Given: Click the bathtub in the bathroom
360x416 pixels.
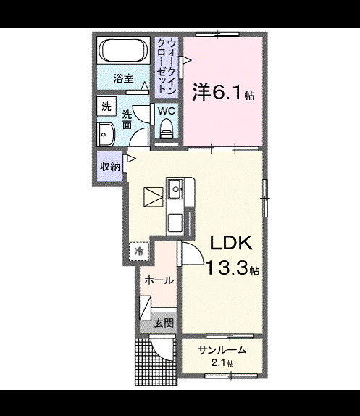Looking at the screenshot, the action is coord(123,51).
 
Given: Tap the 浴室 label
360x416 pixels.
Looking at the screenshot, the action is coord(123,78).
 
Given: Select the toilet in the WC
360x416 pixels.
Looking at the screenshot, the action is coord(167,128).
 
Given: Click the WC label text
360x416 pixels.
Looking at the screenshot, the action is coord(167,111).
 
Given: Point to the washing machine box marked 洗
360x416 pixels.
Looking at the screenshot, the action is coord(106,107).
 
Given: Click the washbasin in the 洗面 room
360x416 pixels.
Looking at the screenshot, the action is coord(106,135).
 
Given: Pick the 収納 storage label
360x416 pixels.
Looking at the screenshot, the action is coord(110,167).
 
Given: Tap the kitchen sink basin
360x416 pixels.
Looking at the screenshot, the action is coord(175,188).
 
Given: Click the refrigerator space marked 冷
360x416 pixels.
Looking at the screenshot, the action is coord(139,251).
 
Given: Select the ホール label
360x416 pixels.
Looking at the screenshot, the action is coord(159,280).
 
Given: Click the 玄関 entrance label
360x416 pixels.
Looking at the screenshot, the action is coord(164,323).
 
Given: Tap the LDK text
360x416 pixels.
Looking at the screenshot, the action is coord(231,243).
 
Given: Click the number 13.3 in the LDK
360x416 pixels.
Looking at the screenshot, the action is coord(227,267).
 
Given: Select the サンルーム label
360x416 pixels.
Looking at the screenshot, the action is coord(222,351).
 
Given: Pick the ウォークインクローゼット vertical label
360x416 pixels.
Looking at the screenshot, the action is coord(167,67).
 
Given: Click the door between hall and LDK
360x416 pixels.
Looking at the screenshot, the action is coord(191,253).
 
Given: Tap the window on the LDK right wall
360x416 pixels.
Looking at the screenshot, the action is coord(265,198).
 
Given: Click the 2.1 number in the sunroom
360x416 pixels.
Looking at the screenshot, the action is coord(217,363).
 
